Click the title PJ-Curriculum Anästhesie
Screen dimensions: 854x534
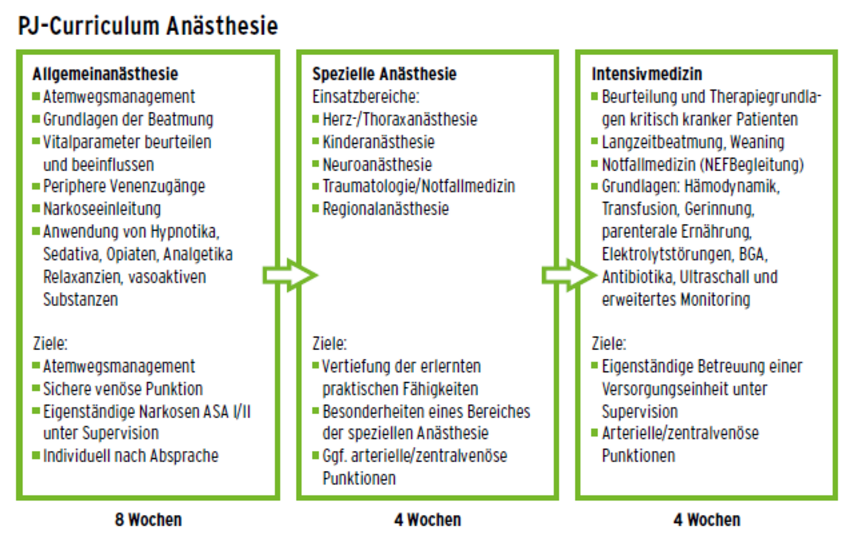[x=148, y=26]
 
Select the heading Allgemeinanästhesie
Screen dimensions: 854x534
[x=105, y=74]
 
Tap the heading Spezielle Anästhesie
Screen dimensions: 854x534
[x=384, y=74]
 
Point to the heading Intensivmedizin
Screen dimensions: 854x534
[x=647, y=74]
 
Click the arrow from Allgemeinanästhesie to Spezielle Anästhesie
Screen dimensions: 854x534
[x=290, y=275]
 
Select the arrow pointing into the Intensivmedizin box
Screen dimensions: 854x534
[x=569, y=275]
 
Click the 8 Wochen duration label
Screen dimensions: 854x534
[x=149, y=520]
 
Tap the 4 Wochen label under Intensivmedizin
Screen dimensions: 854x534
[x=707, y=520]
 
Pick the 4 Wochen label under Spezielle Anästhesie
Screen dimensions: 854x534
[x=427, y=520]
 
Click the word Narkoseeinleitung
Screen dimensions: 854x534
[x=102, y=209]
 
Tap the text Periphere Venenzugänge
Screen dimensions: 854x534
[x=124, y=186]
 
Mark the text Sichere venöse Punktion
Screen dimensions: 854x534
[x=123, y=389]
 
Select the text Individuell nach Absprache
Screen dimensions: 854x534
[x=131, y=456]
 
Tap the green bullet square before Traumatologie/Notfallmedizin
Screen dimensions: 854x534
[x=315, y=186]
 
